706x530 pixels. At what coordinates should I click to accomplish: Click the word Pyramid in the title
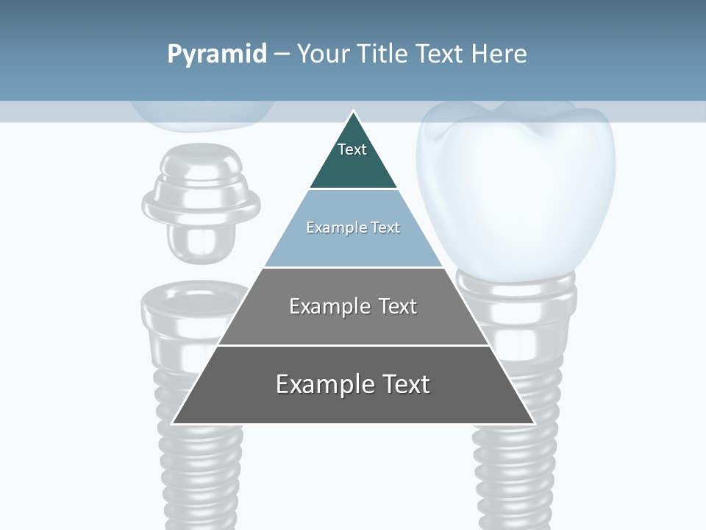click(x=217, y=54)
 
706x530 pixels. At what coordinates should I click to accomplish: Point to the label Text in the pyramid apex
click(x=352, y=149)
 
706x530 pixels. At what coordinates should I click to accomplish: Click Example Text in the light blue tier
click(x=353, y=227)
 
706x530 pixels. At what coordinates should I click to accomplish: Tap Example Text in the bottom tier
click(x=353, y=384)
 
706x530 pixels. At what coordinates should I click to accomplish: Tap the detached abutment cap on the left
click(x=200, y=202)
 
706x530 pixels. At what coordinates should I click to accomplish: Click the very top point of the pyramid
click(x=353, y=112)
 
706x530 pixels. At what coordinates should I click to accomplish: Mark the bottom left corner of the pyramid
click(x=173, y=423)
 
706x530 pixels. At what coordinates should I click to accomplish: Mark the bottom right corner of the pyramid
click(x=534, y=423)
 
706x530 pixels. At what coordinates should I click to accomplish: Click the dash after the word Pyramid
click(x=281, y=54)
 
